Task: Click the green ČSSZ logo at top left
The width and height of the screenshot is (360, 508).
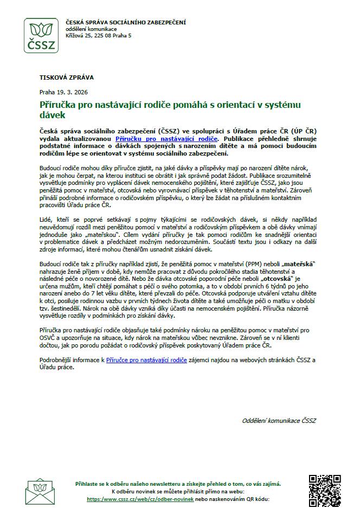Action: pyautogui.click(x=41, y=36)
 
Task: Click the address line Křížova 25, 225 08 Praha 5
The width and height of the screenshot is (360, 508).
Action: pyautogui.click(x=98, y=35)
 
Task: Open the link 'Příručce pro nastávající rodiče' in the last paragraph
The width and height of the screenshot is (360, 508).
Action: pyautogui.click(x=146, y=359)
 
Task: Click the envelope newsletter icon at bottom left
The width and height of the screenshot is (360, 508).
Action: pyautogui.click(x=42, y=491)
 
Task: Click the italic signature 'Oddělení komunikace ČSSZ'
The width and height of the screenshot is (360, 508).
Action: pyautogui.click(x=279, y=420)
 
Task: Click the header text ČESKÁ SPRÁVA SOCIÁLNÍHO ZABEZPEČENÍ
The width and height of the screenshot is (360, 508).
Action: pyautogui.click(x=125, y=22)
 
